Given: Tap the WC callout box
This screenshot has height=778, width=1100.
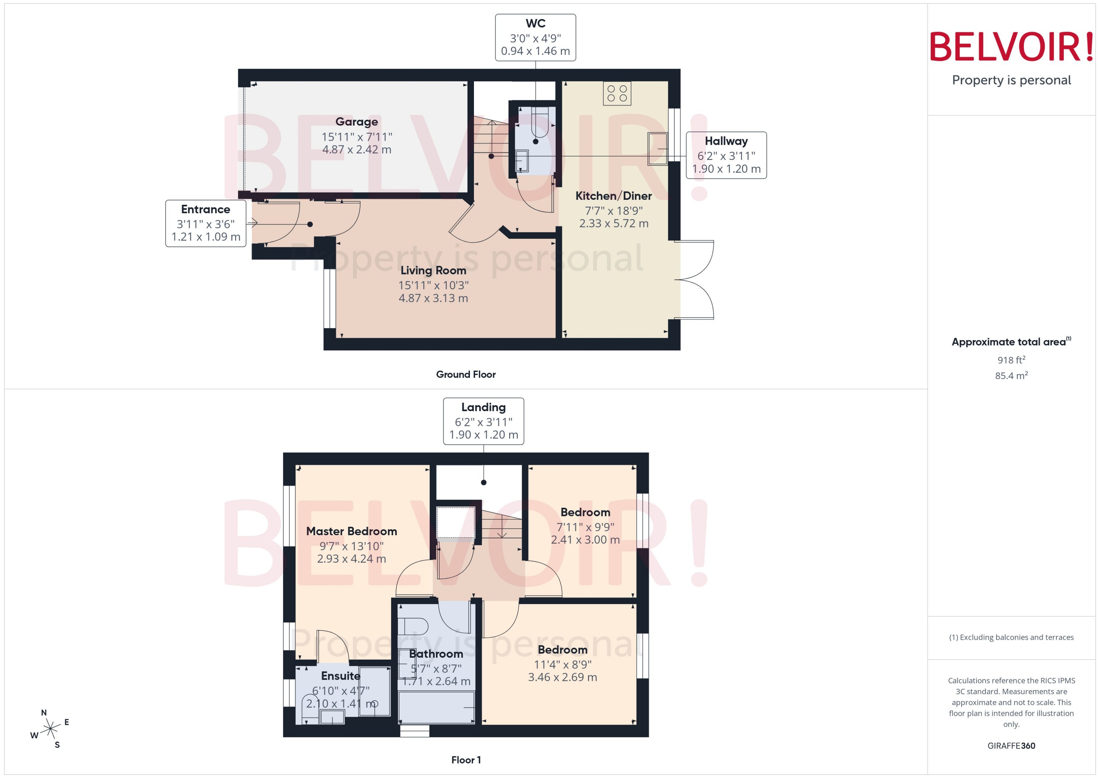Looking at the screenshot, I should [535, 37].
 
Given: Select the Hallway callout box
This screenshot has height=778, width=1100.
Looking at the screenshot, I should [726, 155].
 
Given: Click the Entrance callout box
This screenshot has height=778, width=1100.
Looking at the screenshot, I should [206, 223].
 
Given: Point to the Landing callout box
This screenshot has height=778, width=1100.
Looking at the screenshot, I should [483, 421].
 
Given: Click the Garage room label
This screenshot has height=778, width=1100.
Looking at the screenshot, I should [357, 122].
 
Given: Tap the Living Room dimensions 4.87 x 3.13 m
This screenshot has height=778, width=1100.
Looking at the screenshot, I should [433, 298].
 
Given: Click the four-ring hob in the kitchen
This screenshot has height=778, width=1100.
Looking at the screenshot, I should [617, 93].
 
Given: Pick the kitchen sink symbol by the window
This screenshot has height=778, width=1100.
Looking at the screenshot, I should [657, 149].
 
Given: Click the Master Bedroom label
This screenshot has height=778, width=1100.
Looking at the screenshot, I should [351, 531].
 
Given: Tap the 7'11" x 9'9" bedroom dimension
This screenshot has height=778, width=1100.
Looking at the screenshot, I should [585, 527].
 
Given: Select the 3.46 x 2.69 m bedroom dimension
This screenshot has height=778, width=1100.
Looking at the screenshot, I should [562, 677].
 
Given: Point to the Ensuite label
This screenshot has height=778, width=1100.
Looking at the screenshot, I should [340, 676].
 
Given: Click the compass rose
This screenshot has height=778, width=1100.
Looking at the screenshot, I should [50, 729].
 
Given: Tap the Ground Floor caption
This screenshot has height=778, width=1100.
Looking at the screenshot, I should [465, 374].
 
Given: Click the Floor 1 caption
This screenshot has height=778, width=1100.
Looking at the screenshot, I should [465, 760].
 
